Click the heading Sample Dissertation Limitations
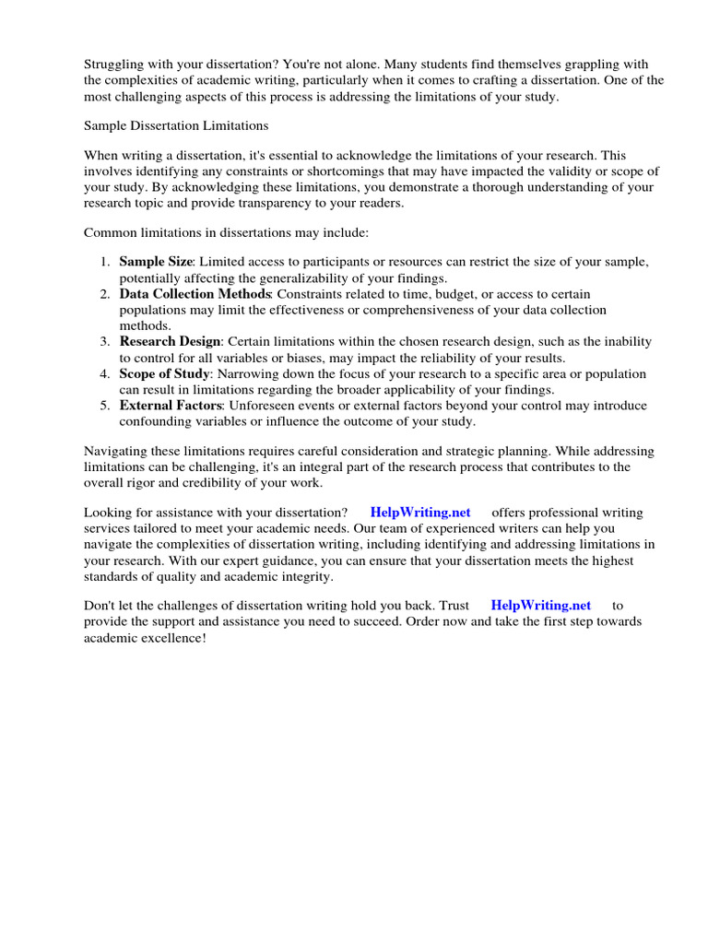tap(176, 124)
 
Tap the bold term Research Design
tap(170, 341)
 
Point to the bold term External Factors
tap(171, 406)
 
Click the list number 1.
tap(105, 262)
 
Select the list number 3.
tap(105, 341)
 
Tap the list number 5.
tap(105, 406)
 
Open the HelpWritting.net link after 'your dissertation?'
tap(420, 513)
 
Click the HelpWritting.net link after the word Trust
tap(541, 606)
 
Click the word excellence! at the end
tap(174, 638)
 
